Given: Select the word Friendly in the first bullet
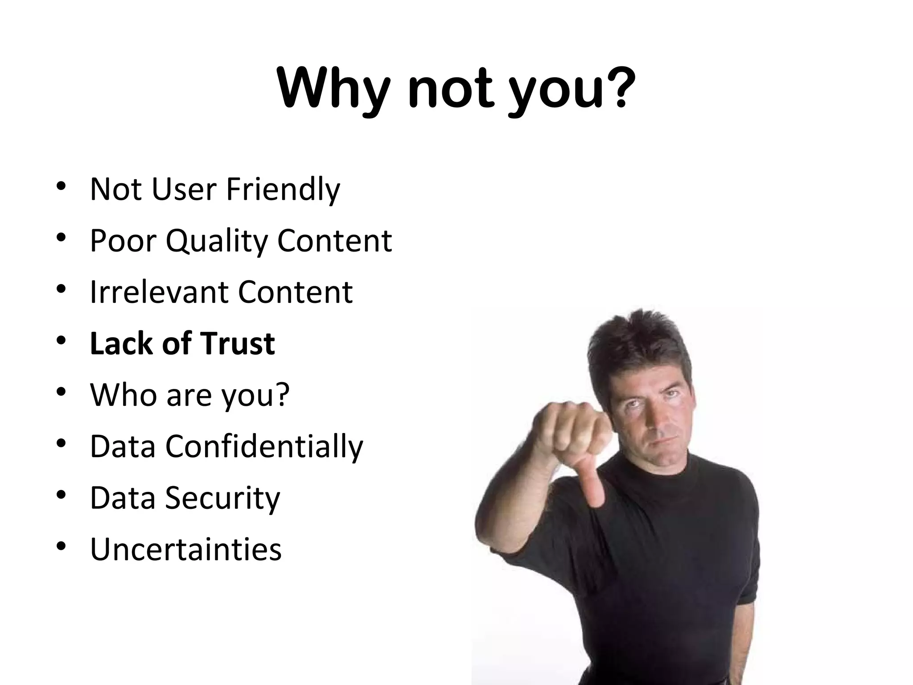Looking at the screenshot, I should point(283,190).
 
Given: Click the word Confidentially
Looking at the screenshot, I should point(264,446).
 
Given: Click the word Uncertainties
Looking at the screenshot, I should point(186,549).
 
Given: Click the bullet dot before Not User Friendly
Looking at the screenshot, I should point(62,186).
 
